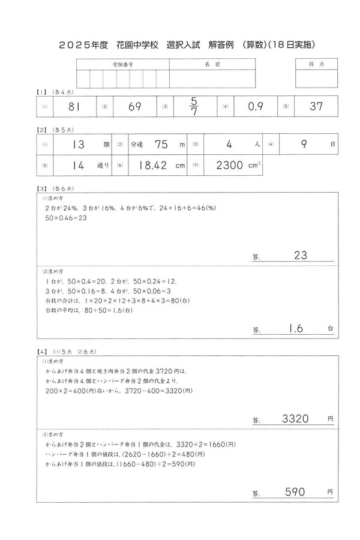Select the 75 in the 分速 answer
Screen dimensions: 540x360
161,145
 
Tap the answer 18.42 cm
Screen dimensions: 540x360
151,166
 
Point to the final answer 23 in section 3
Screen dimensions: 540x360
300,256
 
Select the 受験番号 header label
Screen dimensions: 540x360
122,64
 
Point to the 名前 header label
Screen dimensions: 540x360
204,64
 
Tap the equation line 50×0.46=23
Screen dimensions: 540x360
66,218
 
